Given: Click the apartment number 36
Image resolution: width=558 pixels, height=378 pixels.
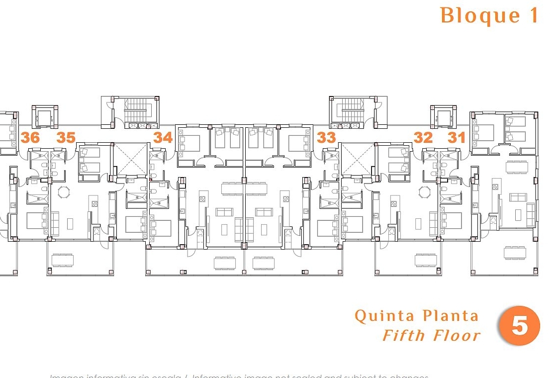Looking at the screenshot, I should click(x=30, y=137).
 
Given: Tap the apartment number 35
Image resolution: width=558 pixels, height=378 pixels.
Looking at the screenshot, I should click(x=66, y=137).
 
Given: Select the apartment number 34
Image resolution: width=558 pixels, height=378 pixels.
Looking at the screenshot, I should click(x=163, y=137).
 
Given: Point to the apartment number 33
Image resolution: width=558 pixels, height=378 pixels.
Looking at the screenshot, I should click(x=326, y=137).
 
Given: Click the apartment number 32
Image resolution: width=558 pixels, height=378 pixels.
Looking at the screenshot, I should click(x=423, y=137).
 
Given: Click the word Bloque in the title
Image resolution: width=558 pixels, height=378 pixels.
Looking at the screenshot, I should click(x=473, y=15).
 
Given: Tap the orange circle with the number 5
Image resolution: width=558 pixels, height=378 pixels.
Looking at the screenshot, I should click(x=519, y=326).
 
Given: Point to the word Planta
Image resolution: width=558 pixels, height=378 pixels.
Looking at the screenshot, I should click(x=451, y=316).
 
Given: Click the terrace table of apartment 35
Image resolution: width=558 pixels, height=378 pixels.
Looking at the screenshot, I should click(x=63, y=260).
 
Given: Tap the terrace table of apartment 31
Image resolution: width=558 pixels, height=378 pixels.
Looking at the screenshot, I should click(x=516, y=253).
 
